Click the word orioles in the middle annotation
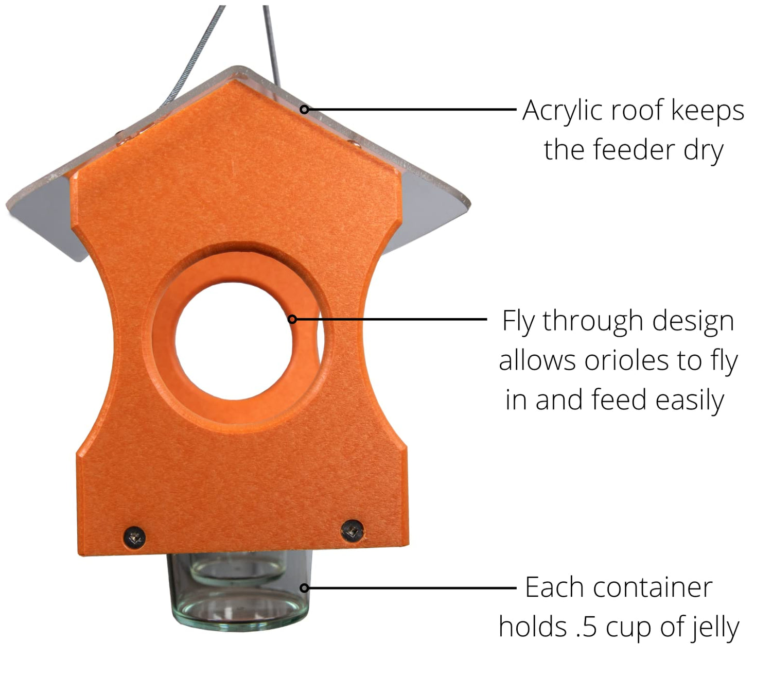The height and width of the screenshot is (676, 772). [626, 360]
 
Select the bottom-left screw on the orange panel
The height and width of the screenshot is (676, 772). [135, 537]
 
